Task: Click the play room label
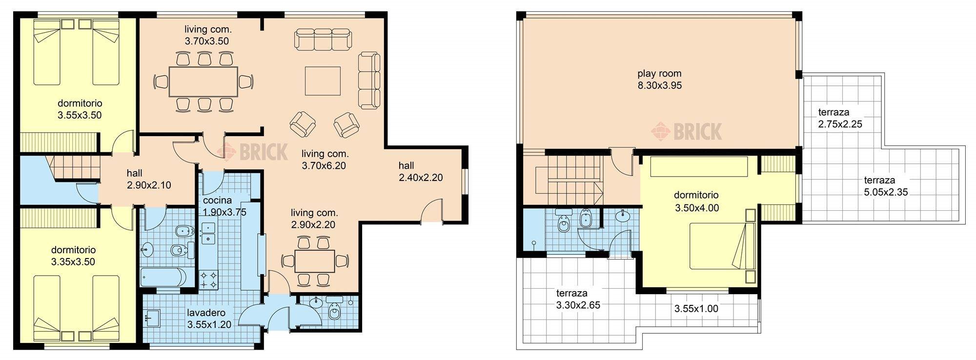pyautogui.click(x=659, y=74)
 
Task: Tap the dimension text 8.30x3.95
pyautogui.click(x=659, y=86)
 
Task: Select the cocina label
pyautogui.click(x=218, y=200)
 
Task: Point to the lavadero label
pyautogui.click(x=209, y=313)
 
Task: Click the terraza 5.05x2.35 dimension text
pyautogui.click(x=886, y=192)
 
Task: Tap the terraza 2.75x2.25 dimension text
pyautogui.click(x=840, y=124)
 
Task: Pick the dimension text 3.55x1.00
pyautogui.click(x=696, y=309)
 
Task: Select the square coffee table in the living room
pyautogui.click(x=323, y=81)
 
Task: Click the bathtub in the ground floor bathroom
pyautogui.click(x=163, y=277)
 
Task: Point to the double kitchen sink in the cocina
pyautogui.click(x=208, y=233)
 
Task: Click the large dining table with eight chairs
pyautogui.click(x=203, y=81)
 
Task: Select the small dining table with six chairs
pyautogui.click(x=315, y=261)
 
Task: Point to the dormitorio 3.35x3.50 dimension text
pyautogui.click(x=73, y=262)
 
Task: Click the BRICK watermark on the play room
pyautogui.click(x=687, y=131)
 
